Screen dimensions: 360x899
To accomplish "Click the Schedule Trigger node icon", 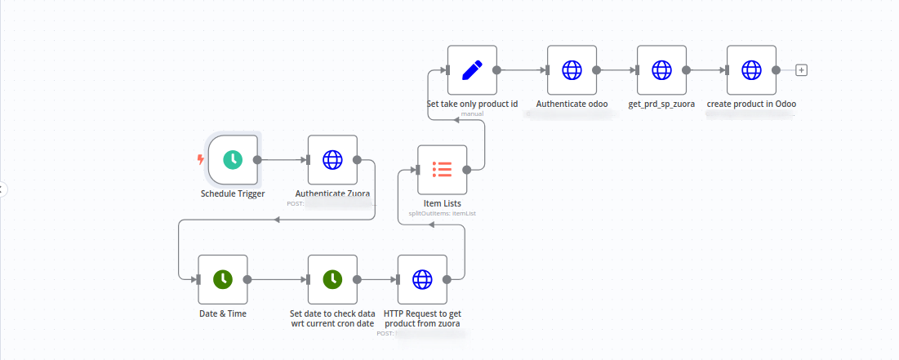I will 233,160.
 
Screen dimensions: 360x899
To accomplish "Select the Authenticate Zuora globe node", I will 332,160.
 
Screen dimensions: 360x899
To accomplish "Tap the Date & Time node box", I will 222,279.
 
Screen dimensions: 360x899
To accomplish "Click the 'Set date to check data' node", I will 332,279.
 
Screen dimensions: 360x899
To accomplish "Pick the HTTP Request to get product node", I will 422,279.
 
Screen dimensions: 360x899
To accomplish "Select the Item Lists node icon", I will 442,170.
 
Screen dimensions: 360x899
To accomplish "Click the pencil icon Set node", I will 472,70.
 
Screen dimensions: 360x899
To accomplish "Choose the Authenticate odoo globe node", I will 572,70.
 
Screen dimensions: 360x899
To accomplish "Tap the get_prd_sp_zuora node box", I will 661,70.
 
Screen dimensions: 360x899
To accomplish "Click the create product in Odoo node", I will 751,70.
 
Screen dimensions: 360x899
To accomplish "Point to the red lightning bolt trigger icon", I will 201,160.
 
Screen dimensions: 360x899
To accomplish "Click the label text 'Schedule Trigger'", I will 233,194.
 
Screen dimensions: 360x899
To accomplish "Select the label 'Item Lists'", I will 442,203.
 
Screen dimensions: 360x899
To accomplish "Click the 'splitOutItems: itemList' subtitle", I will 442,213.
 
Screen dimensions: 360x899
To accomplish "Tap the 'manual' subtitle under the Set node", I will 472,113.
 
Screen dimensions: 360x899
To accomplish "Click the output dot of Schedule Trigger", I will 257,160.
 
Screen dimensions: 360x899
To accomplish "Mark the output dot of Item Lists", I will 466,170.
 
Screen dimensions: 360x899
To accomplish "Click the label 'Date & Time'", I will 222,313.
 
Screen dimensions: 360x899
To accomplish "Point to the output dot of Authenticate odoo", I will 596,70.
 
